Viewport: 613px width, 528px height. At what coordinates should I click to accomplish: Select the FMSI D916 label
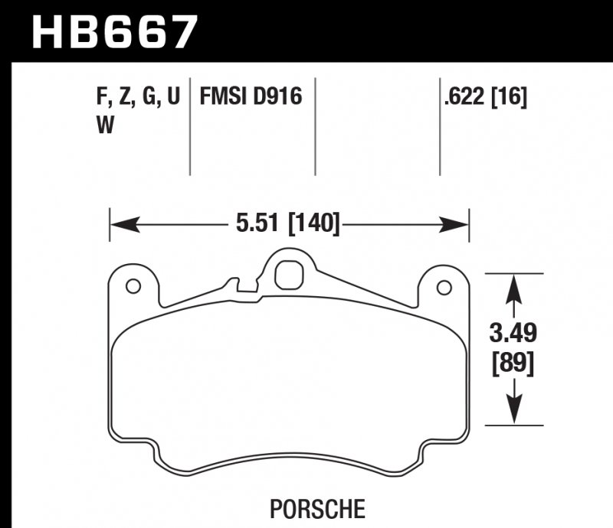(251, 97)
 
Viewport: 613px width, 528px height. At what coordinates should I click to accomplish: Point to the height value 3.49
(513, 334)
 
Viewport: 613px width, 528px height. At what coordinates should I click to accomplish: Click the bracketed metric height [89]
(513, 360)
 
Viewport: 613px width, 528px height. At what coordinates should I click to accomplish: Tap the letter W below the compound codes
(104, 126)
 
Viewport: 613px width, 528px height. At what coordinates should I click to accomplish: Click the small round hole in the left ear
(133, 287)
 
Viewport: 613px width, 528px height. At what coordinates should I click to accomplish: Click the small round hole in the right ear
(443, 287)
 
